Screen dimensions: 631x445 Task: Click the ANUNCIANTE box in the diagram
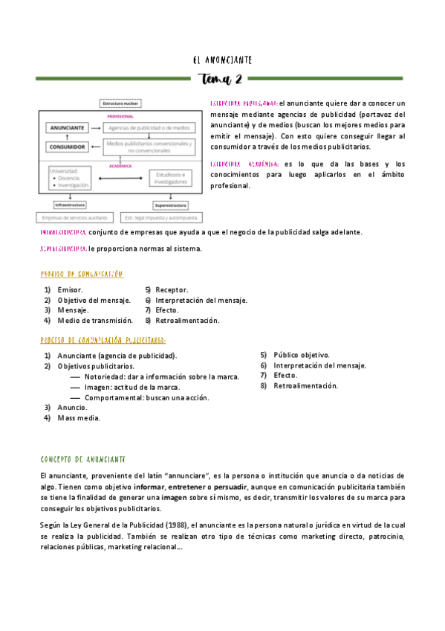[67, 128]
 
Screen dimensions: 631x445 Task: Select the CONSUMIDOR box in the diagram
[67, 147]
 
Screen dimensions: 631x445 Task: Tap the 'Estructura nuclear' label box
[120, 103]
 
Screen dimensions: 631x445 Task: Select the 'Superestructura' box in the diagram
[171, 205]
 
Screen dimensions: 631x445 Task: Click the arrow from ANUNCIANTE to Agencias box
[97, 128]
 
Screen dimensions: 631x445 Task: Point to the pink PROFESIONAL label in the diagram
[120, 117]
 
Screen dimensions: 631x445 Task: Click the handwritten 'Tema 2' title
[221, 79]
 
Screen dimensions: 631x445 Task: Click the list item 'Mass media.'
[78, 418]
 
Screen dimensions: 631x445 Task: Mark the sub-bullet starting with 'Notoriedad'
[160, 377]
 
